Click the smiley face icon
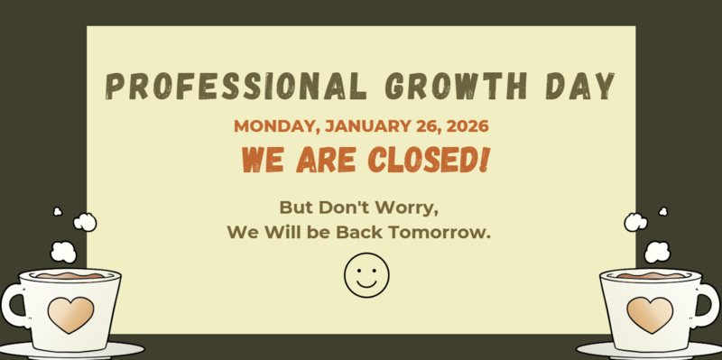[x=366, y=274]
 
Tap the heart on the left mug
[x=70, y=314]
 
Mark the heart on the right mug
[x=650, y=314]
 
